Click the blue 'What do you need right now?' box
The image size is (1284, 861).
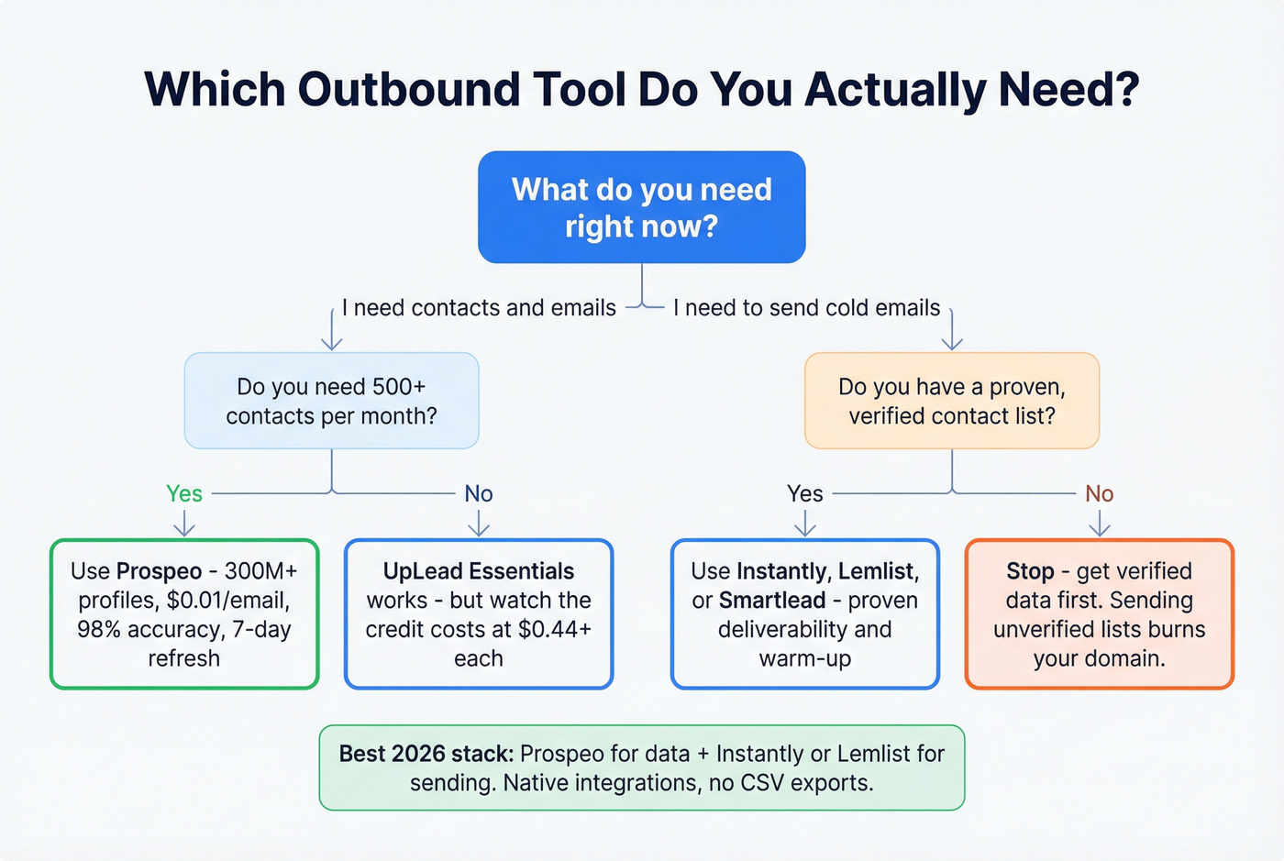[x=641, y=207]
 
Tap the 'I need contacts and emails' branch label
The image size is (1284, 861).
[x=479, y=308]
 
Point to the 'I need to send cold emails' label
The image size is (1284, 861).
[x=806, y=308]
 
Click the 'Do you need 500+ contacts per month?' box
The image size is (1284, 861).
[x=331, y=401]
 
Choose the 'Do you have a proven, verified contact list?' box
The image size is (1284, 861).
[x=951, y=401]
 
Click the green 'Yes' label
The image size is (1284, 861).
[x=183, y=493]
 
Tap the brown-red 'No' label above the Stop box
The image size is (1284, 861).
[x=1099, y=493]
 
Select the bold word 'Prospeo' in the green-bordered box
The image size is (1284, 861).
[x=159, y=571]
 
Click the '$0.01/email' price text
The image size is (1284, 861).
[x=227, y=601]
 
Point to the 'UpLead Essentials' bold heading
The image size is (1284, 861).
[x=478, y=571]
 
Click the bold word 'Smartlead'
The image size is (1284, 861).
[x=772, y=601]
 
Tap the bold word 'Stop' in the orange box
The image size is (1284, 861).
[x=1030, y=571]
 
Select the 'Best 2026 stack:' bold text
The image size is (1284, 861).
[x=426, y=754]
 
